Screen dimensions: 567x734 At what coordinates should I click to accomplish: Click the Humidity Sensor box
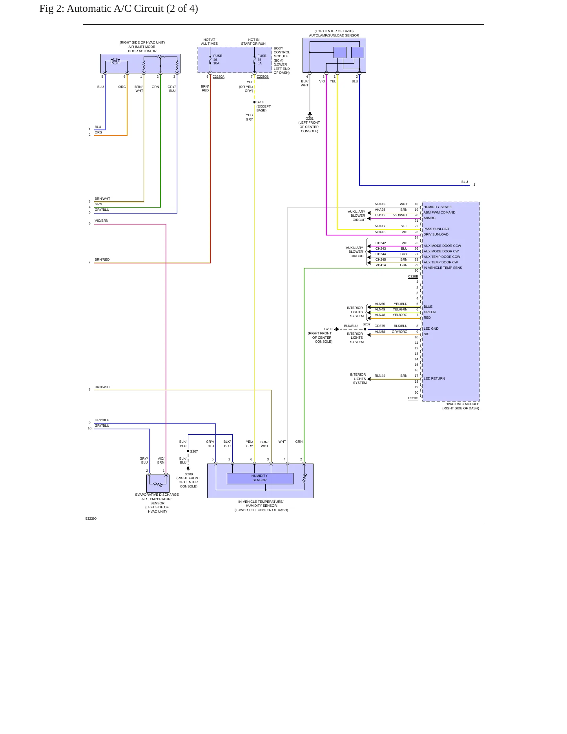click(260, 478)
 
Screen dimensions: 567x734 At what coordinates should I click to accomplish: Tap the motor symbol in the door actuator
click(115, 61)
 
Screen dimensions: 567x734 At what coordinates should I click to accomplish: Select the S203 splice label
click(260, 102)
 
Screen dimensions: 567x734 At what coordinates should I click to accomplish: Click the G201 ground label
click(310, 119)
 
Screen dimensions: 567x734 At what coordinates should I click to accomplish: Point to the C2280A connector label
click(219, 77)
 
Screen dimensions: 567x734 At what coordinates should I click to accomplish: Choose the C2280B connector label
click(263, 77)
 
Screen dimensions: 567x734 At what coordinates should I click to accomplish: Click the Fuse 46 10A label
click(217, 60)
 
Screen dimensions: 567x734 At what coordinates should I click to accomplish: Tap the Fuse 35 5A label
click(262, 60)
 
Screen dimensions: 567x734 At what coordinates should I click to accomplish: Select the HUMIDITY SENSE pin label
click(438, 207)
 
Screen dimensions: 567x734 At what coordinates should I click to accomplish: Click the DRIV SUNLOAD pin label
click(436, 234)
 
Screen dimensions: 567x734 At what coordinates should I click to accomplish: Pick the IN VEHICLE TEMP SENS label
click(443, 268)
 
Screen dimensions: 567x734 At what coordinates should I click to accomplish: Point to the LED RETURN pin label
click(434, 378)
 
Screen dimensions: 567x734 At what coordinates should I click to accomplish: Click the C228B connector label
click(413, 276)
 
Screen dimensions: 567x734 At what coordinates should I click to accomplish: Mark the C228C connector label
click(413, 398)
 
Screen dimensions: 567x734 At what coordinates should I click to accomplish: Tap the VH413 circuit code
click(380, 204)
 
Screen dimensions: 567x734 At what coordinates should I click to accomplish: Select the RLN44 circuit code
click(380, 376)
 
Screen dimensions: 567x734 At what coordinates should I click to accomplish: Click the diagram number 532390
click(91, 519)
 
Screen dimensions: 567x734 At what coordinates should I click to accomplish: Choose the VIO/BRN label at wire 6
click(101, 221)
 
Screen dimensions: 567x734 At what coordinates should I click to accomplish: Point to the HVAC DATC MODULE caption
click(462, 404)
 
